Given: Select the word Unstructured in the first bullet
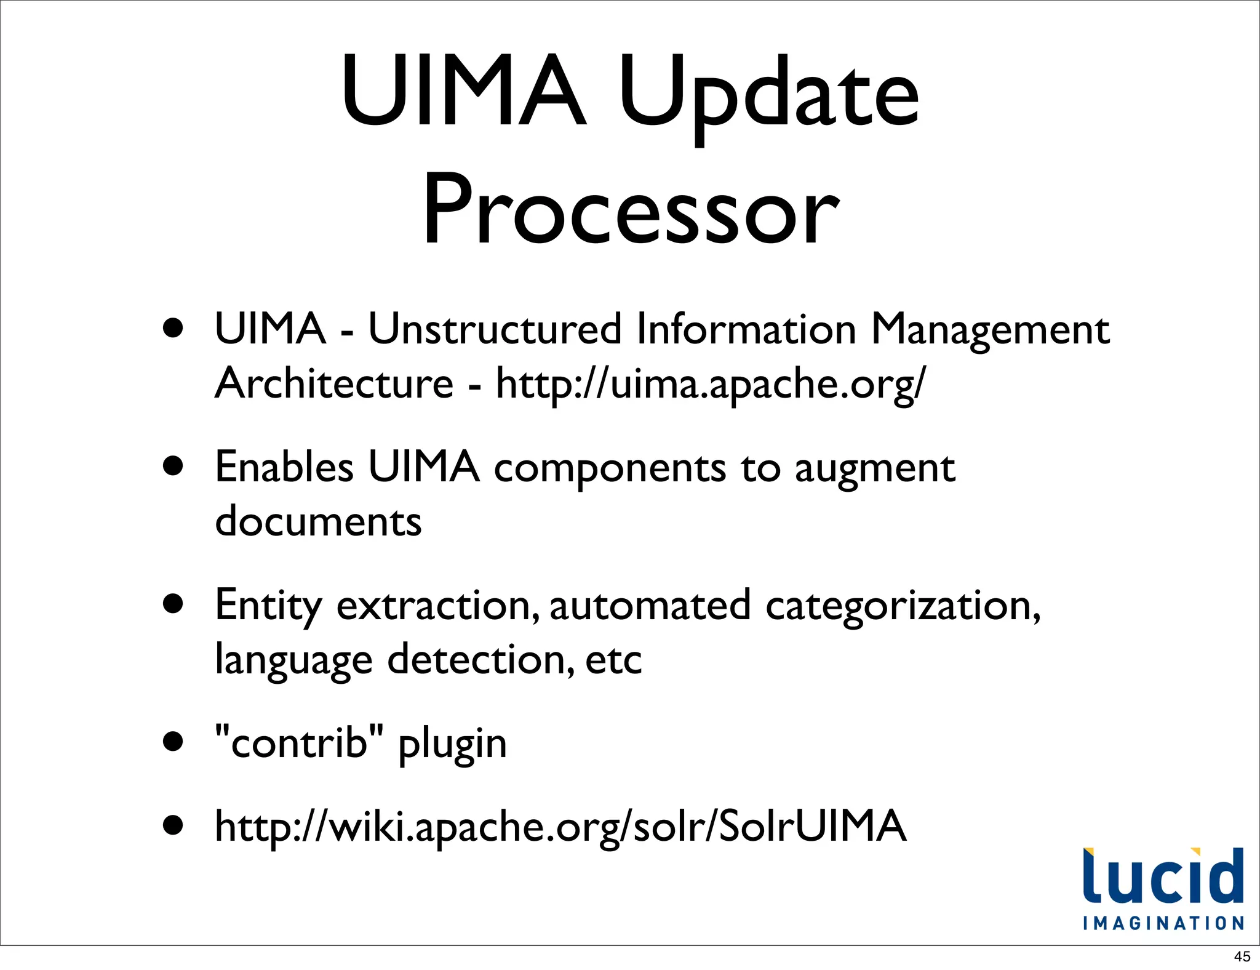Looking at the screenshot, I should (495, 329).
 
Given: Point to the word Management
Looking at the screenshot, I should (990, 330).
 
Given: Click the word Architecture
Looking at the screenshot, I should (334, 383).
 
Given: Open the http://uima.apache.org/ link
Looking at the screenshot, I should (710, 384).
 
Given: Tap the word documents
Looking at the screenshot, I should (318, 521).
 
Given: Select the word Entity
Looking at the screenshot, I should (268, 606).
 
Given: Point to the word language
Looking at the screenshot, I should (293, 660).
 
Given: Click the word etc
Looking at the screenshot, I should (613, 660).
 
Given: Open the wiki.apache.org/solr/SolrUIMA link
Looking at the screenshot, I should (560, 826).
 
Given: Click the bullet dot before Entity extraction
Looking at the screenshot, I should (173, 604).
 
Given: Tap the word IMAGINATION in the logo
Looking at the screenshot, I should (1163, 923).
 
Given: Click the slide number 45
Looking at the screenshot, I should (1242, 956).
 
